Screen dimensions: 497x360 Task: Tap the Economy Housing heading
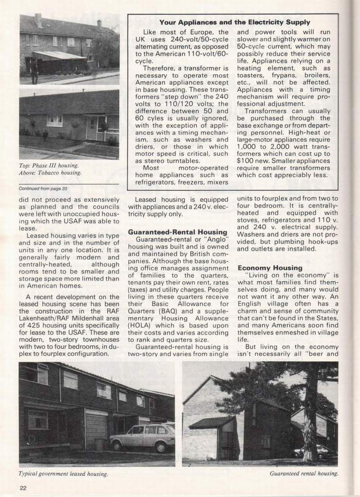270,268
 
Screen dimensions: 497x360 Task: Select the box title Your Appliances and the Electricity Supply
234,22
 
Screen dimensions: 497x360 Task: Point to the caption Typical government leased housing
63,474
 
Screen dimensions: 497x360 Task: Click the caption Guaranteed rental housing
304,473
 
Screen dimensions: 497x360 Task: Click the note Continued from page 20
43,188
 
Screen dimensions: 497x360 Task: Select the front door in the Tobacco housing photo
92,128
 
